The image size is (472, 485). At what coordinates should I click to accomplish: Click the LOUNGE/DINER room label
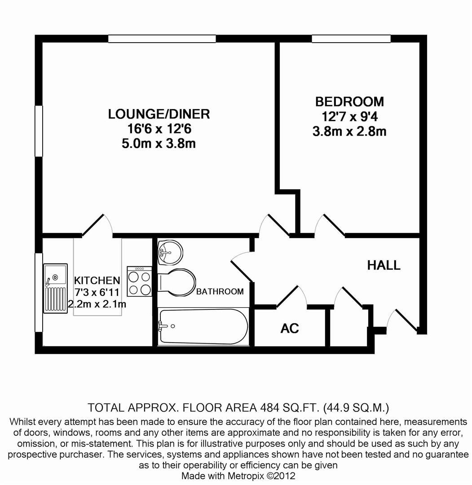[x=159, y=114]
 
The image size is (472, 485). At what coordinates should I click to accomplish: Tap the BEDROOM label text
[x=349, y=101]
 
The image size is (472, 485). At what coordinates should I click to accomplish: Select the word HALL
[x=384, y=265]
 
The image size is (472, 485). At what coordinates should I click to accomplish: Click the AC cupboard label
[x=290, y=328]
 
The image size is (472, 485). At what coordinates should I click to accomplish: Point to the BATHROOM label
[x=220, y=291]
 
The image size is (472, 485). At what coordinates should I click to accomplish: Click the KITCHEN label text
[x=97, y=281]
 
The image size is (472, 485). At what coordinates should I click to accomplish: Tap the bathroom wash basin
[x=171, y=252]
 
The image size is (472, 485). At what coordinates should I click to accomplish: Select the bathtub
[x=203, y=326]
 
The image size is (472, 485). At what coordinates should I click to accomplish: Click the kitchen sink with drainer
[x=55, y=288]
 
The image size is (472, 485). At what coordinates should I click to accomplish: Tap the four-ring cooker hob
[x=139, y=282]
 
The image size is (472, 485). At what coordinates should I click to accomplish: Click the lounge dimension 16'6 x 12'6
[x=159, y=129]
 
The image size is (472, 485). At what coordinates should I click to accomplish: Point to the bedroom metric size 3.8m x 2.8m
[x=349, y=132]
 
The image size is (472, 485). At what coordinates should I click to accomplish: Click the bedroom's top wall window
[x=351, y=39]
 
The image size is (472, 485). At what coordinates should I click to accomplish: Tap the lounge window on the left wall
[x=39, y=131]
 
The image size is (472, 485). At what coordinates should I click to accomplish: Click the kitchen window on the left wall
[x=39, y=293]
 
